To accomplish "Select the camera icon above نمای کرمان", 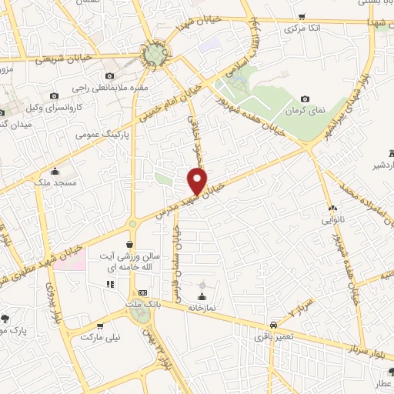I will pyautogui.click(x=306, y=98).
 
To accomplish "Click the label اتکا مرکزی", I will pyautogui.click(x=302, y=28).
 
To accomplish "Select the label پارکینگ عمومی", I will pyautogui.click(x=102, y=134).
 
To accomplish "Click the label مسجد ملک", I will pyautogui.click(x=54, y=183).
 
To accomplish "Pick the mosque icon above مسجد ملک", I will pyautogui.click(x=54, y=171).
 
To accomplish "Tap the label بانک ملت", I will pyautogui.click(x=143, y=306).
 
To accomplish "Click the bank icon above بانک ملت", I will pyautogui.click(x=142, y=293).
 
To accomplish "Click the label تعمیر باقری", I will pyautogui.click(x=274, y=336).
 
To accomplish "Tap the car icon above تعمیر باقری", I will pyautogui.click(x=273, y=324).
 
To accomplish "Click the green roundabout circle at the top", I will pyautogui.click(x=156, y=55).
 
